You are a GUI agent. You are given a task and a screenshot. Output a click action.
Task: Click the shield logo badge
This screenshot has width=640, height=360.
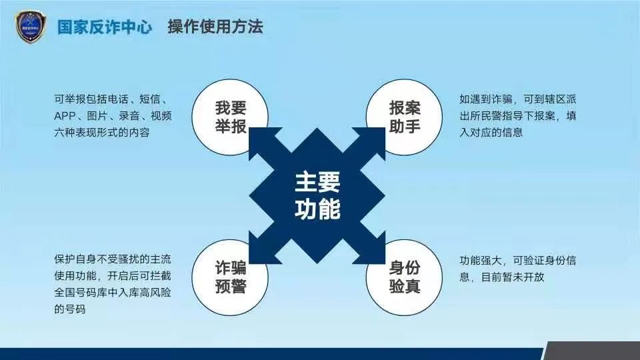pyautogui.click(x=31, y=27)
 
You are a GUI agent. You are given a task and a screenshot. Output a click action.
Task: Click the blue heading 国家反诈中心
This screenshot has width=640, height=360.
pyautogui.click(x=105, y=27)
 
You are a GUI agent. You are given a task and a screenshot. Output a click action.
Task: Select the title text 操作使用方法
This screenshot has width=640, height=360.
pyautogui.click(x=215, y=27)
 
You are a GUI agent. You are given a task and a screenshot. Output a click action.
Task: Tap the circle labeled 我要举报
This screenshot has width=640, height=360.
pyautogui.click(x=230, y=117)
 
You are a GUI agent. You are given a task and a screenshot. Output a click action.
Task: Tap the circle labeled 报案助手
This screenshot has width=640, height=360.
pyautogui.click(x=404, y=117)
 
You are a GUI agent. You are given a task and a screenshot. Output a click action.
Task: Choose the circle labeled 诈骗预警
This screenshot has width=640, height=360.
pyautogui.click(x=230, y=277)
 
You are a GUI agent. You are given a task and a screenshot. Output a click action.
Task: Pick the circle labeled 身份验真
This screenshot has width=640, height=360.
pyautogui.click(x=404, y=277)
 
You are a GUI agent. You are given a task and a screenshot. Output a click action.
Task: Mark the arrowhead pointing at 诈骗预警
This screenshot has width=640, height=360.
pyautogui.click(x=261, y=251)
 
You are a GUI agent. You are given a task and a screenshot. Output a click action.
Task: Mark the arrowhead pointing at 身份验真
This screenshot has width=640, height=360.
pyautogui.click(x=373, y=251)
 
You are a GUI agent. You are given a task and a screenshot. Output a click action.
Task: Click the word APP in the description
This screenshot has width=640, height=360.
pyautogui.click(x=65, y=116)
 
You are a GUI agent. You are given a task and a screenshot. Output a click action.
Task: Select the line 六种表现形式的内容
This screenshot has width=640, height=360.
pyautogui.click(x=102, y=133)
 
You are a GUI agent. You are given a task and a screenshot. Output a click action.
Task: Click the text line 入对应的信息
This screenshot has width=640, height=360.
pyautogui.click(x=491, y=132)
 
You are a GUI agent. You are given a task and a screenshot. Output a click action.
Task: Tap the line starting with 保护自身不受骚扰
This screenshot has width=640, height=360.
pyautogui.click(x=113, y=259)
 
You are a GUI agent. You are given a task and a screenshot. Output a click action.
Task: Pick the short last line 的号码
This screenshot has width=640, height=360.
pyautogui.click(x=70, y=309)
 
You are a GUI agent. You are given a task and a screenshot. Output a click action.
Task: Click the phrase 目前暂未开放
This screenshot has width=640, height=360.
pyautogui.click(x=513, y=277)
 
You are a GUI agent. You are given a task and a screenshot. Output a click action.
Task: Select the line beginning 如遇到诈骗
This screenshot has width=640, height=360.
pyautogui.click(x=517, y=99)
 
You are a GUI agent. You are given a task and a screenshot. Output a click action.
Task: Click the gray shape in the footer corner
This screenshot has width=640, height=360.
pyautogui.click(x=592, y=351)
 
